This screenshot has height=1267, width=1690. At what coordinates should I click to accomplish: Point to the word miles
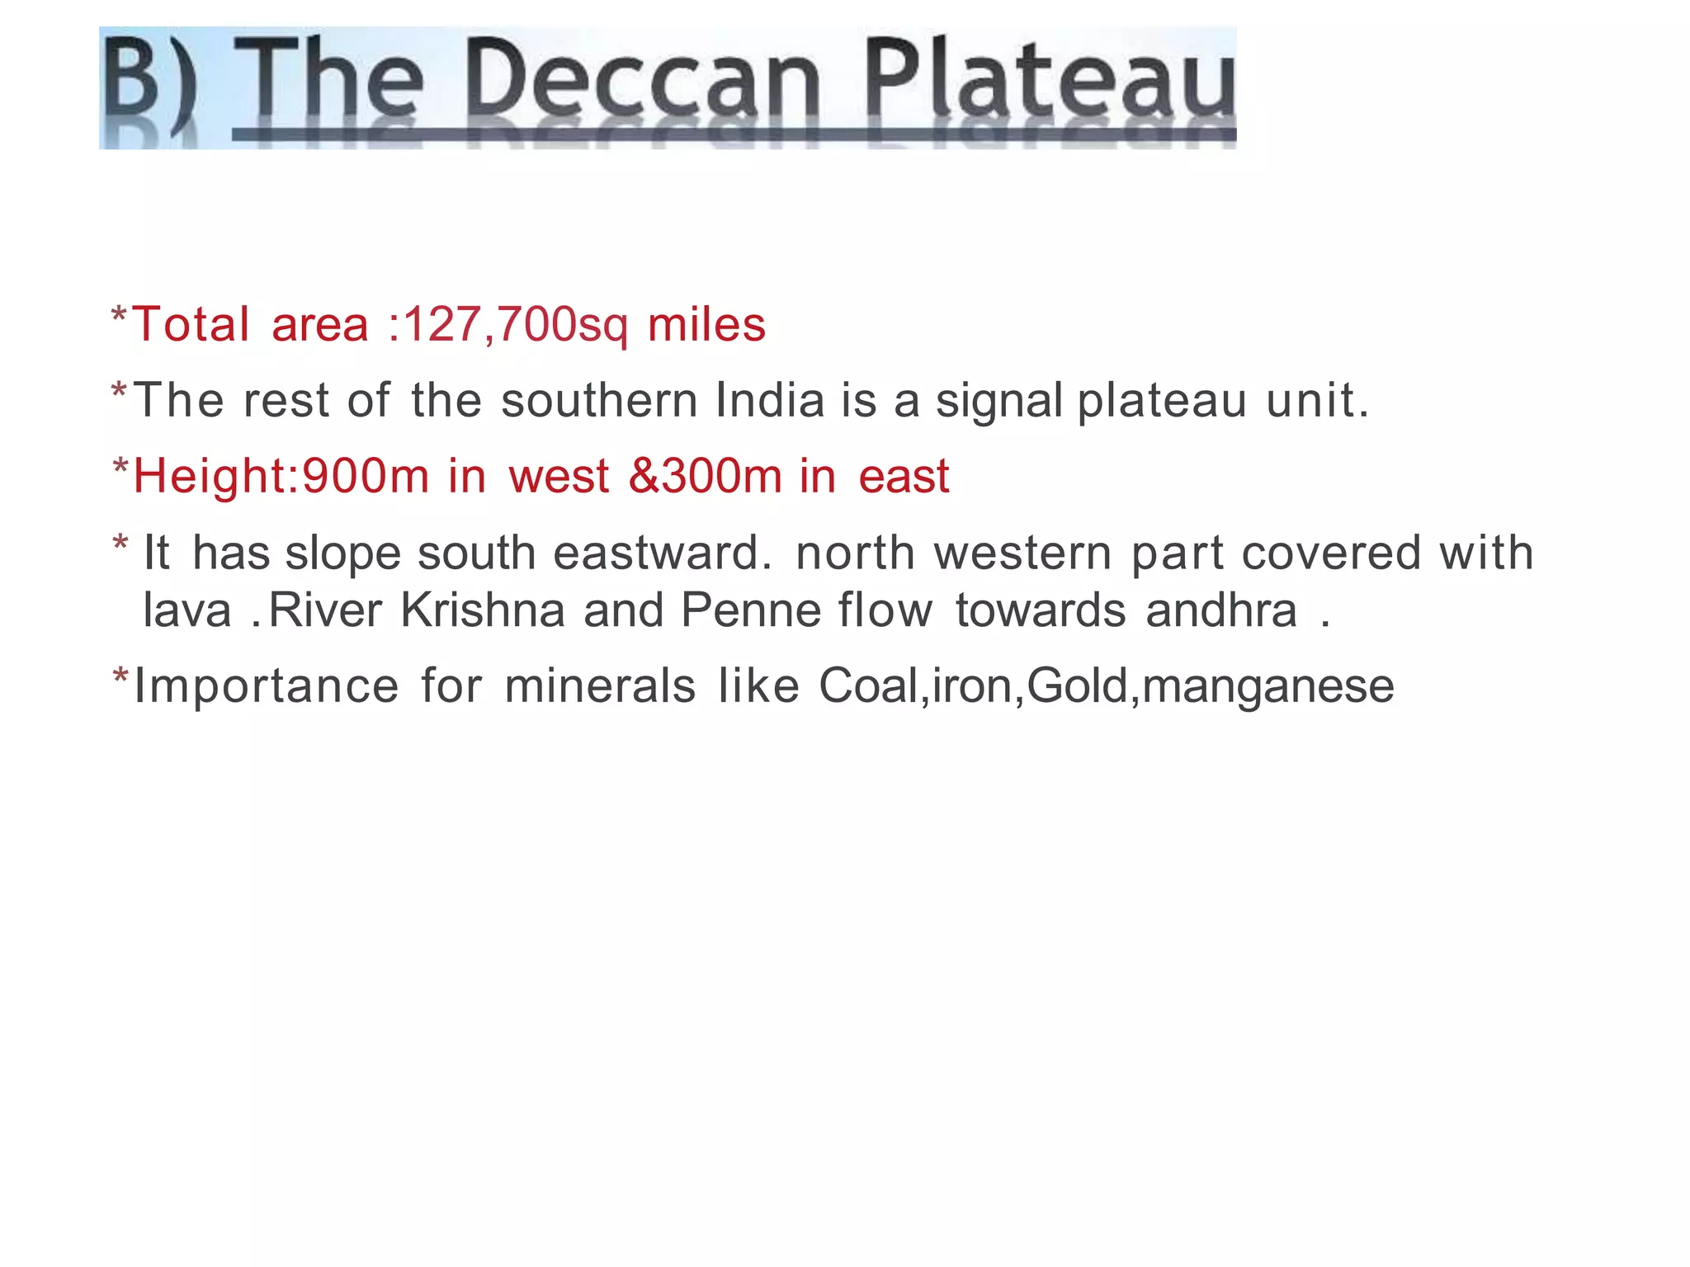706,324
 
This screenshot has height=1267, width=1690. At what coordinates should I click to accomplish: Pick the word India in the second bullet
770,400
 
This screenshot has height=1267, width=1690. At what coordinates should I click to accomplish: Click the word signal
999,402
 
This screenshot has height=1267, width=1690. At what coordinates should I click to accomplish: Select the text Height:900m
281,477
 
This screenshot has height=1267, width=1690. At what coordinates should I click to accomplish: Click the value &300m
705,477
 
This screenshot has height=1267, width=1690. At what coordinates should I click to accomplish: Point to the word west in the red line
559,477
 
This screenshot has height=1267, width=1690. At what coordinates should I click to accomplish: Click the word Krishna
483,610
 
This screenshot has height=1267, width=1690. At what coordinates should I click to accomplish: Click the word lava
187,610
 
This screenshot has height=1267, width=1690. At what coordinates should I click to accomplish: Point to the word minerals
600,686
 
